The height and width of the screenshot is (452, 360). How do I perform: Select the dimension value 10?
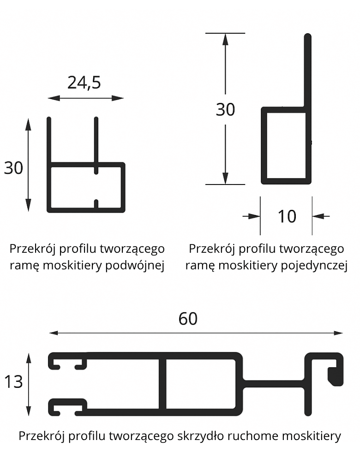point(287,216)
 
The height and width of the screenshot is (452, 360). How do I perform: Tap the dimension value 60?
point(188,319)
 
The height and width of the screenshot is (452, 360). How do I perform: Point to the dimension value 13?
point(13,382)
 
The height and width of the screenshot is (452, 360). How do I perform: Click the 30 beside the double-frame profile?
point(13,168)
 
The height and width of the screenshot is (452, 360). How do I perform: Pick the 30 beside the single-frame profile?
point(225,110)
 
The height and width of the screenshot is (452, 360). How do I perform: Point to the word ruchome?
point(255,436)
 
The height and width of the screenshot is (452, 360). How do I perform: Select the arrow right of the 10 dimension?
point(318,216)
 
